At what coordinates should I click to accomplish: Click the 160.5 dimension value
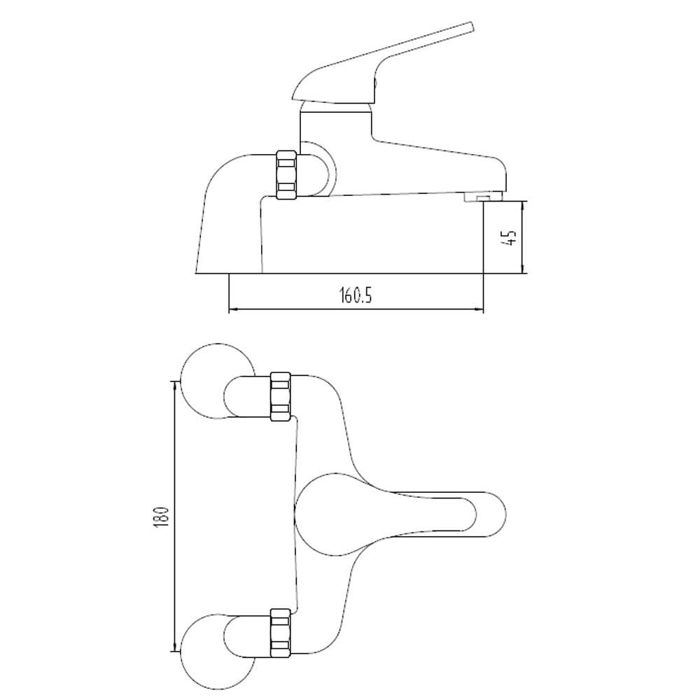pyautogui.click(x=356, y=295)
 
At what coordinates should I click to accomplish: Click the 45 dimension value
pyautogui.click(x=511, y=237)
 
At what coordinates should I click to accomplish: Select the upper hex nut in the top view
pyautogui.click(x=280, y=396)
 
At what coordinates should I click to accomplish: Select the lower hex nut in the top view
pyautogui.click(x=280, y=633)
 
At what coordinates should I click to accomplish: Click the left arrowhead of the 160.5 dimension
pyautogui.click(x=232, y=309)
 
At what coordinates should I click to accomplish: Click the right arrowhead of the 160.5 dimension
pyautogui.click(x=480, y=309)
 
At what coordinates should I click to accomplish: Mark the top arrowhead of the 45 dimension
pyautogui.click(x=523, y=204)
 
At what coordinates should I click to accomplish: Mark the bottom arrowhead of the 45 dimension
pyautogui.click(x=523, y=270)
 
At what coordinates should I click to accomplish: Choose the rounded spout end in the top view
pyautogui.click(x=490, y=515)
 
